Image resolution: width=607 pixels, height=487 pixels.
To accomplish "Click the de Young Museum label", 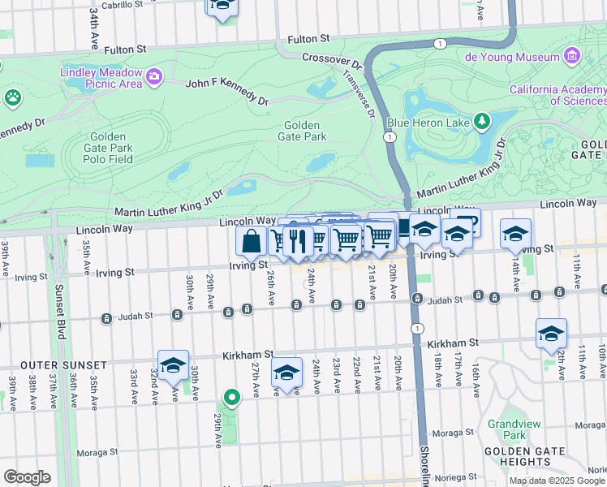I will pos(512,57).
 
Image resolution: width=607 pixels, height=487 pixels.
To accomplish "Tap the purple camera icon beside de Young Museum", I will pos(573,57).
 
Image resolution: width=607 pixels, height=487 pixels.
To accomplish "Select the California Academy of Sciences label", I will pos(557,95).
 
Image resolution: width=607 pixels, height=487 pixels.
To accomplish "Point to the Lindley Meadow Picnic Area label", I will pos(101,78).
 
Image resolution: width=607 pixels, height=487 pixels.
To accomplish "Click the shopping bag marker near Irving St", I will pos(252,240).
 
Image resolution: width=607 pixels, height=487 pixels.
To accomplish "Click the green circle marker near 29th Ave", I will pos(232,398).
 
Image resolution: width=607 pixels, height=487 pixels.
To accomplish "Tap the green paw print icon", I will pos(13,98).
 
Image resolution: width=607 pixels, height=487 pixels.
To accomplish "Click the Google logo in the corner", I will pos(27,477).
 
